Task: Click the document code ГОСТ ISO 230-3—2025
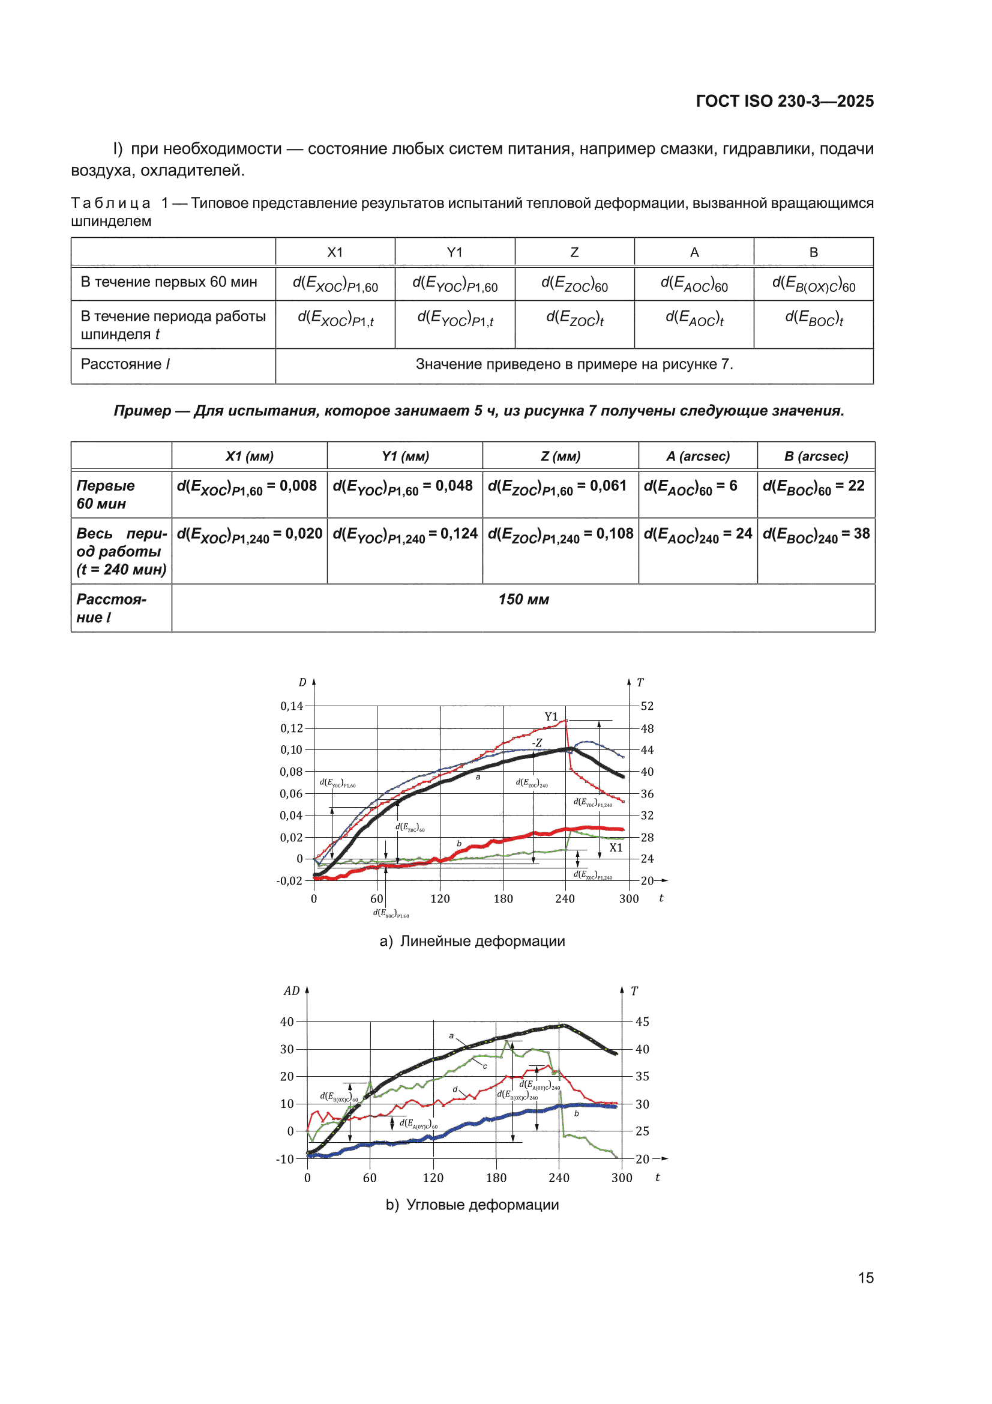pos(784,101)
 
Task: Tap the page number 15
pos(865,1277)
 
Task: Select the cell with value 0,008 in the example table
pos(250,494)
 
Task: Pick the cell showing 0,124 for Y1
pos(404,551)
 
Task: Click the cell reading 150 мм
pos(523,608)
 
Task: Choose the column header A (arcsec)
pos(698,456)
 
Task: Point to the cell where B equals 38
pos(816,551)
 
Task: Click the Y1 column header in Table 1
pos(455,252)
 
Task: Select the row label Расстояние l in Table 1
pos(125,365)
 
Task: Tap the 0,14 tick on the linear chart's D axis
pos(292,706)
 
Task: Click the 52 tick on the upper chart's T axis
pos(648,706)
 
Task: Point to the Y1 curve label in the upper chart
pos(552,716)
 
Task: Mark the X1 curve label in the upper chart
pos(616,848)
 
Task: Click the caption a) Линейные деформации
pos(472,941)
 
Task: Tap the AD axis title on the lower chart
pos(292,991)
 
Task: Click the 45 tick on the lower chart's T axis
pos(642,1022)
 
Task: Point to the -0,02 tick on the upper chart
pos(289,881)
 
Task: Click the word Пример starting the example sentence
pos(142,411)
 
